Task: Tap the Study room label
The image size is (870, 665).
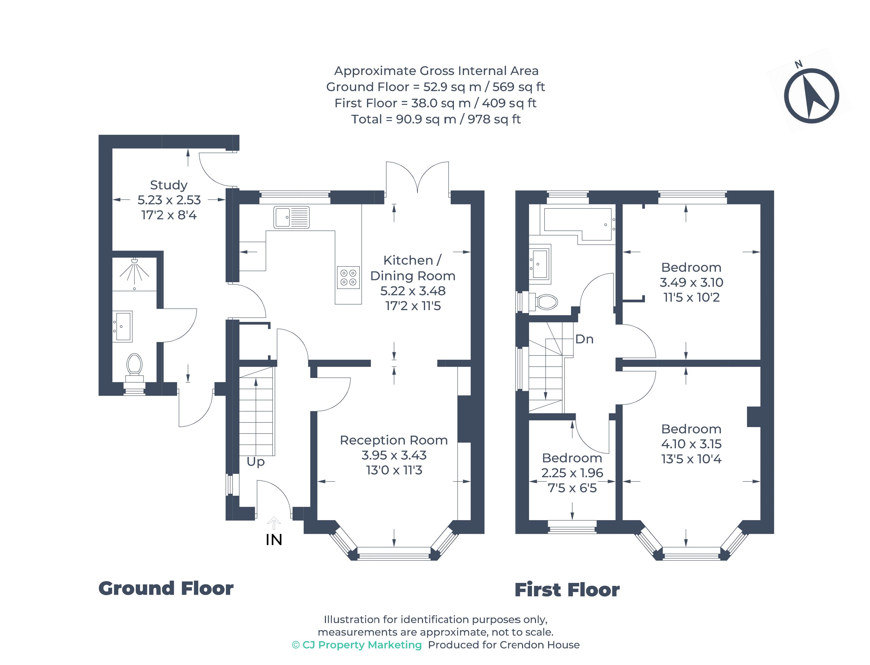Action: click(169, 185)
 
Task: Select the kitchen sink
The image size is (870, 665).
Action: click(291, 217)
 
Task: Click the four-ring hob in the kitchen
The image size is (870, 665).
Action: click(348, 277)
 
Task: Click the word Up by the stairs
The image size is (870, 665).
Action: click(255, 462)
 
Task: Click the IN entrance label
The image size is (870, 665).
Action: click(274, 539)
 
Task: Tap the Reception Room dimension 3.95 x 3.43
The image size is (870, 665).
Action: click(394, 455)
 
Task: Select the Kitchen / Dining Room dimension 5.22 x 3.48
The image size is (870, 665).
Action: click(413, 291)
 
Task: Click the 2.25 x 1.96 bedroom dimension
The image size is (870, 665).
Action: click(572, 473)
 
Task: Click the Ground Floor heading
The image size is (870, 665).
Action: click(166, 589)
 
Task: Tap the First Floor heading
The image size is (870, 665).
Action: click(567, 590)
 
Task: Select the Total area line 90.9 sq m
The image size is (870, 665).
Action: click(436, 119)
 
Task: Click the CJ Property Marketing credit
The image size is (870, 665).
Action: click(357, 645)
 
